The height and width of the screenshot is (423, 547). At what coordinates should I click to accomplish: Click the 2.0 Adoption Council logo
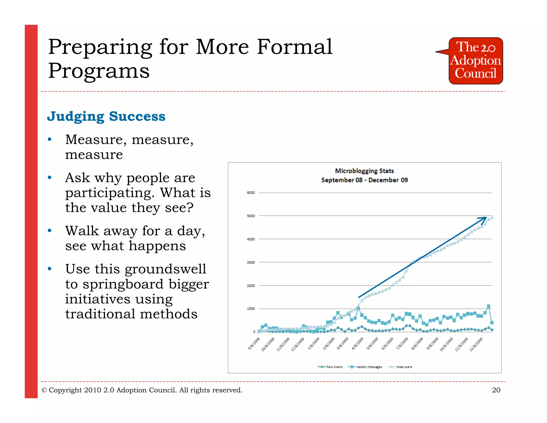[x=475, y=61]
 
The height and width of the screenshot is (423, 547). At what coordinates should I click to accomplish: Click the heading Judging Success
[x=106, y=116]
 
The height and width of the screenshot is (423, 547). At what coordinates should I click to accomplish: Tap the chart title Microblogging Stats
[x=364, y=171]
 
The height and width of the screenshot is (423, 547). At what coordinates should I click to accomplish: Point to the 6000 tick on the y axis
[x=251, y=193]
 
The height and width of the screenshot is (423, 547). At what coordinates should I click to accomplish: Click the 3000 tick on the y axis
[x=251, y=262]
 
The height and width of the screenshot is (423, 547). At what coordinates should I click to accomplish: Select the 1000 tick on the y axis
[x=251, y=309]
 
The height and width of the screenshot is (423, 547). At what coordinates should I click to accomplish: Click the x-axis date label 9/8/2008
[x=254, y=344]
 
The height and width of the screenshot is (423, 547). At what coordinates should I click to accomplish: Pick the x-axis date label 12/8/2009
[x=476, y=344]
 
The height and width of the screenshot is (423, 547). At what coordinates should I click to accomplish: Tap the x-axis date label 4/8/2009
[x=358, y=344]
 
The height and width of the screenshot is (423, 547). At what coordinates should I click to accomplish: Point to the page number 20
[x=496, y=390]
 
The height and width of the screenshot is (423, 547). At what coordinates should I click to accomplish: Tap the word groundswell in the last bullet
[x=165, y=269]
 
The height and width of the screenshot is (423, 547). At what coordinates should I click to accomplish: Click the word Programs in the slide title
[x=99, y=71]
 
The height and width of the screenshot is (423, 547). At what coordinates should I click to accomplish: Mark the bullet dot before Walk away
[x=49, y=230]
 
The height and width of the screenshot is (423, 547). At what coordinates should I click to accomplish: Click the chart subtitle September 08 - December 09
[x=364, y=180]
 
